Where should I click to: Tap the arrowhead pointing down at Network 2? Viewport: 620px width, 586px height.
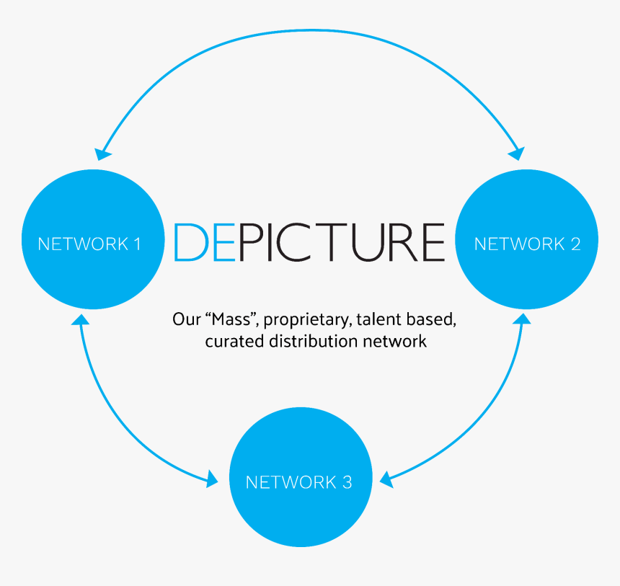[517, 152]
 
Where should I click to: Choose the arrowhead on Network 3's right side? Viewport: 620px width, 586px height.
[386, 477]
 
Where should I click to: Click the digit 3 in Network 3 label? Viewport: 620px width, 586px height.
[347, 482]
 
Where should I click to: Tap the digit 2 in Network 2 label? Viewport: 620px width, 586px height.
[575, 244]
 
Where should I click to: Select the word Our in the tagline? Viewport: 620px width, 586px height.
[185, 318]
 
